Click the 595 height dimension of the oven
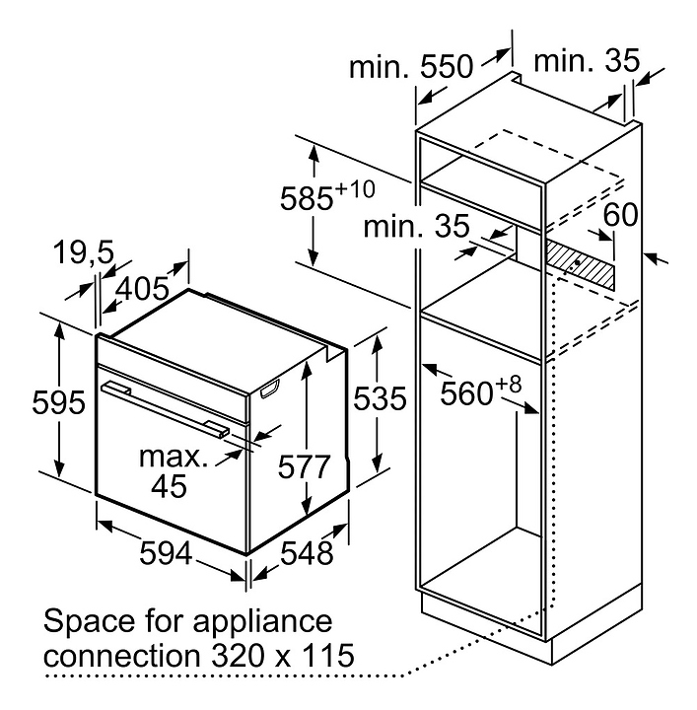[58, 401]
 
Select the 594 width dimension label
[166, 552]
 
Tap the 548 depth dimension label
[307, 552]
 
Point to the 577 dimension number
[304, 466]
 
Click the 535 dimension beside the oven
[380, 398]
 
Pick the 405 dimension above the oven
[142, 289]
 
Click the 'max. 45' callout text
[174, 471]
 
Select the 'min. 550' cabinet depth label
[411, 67]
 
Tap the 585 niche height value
[307, 198]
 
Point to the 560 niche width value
[466, 393]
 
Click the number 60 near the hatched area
[620, 214]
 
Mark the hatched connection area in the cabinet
[581, 266]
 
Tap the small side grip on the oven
[270, 390]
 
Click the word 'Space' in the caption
[90, 622]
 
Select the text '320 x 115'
[283, 655]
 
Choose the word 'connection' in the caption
[122, 656]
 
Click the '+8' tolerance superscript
[509, 385]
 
